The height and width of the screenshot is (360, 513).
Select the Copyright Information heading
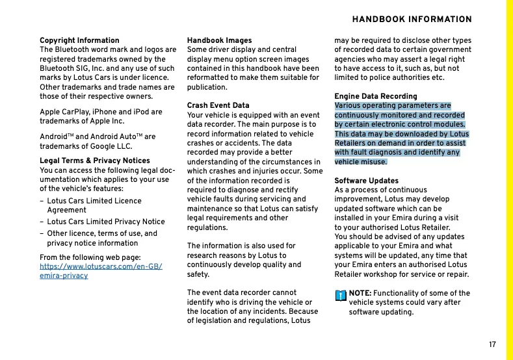(79, 40)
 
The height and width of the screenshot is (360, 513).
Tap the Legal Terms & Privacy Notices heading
(95, 161)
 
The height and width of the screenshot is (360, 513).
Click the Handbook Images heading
(219, 40)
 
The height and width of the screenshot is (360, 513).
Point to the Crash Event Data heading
(218, 105)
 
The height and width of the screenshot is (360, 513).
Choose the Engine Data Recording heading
(376, 96)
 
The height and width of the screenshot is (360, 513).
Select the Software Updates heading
(366, 181)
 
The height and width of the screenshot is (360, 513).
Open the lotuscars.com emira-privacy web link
(101, 271)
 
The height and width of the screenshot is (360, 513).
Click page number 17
(492, 344)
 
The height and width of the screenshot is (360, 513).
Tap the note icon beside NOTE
(340, 295)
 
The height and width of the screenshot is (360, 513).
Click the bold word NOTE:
(360, 294)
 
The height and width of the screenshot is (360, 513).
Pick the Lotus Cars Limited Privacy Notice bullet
(106, 222)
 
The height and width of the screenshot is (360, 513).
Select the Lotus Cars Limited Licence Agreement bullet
(94, 205)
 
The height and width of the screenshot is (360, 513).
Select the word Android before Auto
(54, 137)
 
